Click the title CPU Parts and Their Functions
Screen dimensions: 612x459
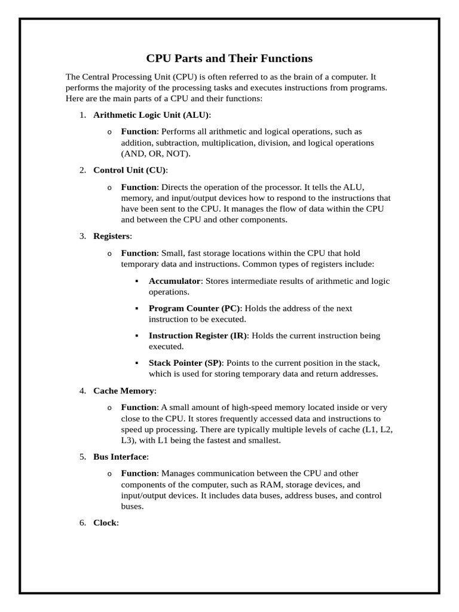tap(229, 59)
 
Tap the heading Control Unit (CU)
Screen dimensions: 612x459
tap(129, 170)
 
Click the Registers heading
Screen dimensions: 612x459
tap(111, 236)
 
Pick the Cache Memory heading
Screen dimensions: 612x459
tap(124, 391)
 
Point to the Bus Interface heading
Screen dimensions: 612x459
tap(120, 457)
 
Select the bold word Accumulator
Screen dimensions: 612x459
tap(175, 281)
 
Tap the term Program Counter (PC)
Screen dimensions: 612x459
tap(194, 308)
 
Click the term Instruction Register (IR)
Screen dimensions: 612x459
tap(198, 336)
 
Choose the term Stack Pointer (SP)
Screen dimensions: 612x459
tap(185, 363)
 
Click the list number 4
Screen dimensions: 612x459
tap(82, 391)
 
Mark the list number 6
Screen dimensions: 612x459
tap(82, 523)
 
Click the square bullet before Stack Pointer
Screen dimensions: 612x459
tap(137, 363)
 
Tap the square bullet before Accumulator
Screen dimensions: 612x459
tap(137, 281)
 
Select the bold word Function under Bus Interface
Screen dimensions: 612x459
tap(139, 473)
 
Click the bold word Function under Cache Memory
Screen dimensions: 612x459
tap(139, 408)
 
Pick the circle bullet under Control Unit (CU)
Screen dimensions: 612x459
tap(109, 188)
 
